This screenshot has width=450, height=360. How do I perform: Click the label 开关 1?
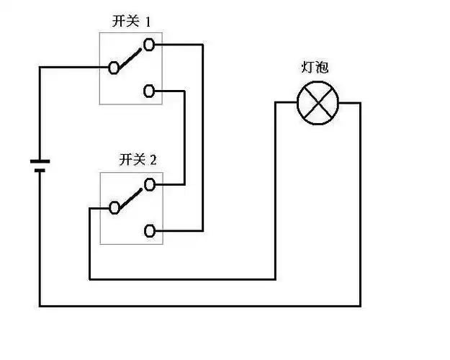132,22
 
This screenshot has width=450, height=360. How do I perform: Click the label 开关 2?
138,159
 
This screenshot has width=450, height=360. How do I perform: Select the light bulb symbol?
318,103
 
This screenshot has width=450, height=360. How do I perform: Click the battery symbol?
40,166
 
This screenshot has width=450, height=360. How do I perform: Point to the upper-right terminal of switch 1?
148,45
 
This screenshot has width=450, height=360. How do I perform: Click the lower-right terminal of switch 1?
148,91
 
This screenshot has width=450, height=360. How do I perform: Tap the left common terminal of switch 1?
114,68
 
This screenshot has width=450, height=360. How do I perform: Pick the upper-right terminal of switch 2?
149,184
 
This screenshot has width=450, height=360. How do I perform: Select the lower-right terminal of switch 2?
149,230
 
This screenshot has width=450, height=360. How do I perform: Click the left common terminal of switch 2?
114,208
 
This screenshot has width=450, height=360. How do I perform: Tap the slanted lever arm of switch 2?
130,197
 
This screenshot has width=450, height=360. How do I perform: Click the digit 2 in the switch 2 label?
153,160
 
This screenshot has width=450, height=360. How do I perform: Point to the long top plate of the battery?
40,161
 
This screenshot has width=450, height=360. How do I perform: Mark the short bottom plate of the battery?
40,171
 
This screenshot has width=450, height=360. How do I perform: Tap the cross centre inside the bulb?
318,103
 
